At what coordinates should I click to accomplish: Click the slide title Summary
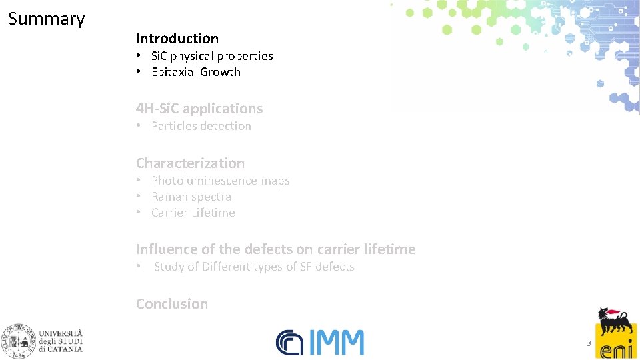click(46, 19)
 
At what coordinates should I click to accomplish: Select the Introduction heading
click(177, 39)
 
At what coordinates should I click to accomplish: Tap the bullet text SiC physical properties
click(212, 56)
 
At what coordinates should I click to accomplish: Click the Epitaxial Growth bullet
click(195, 72)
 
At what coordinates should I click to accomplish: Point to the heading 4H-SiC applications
click(199, 108)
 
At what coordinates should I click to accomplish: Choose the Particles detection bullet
click(201, 126)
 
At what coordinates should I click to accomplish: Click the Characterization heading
click(190, 163)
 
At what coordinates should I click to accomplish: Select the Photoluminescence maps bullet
click(220, 181)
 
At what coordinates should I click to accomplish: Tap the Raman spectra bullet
click(191, 197)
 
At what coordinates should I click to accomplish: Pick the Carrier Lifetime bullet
click(193, 213)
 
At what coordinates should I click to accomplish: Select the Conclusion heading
click(172, 303)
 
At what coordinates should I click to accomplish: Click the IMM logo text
click(336, 343)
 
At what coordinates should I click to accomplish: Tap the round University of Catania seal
click(18, 340)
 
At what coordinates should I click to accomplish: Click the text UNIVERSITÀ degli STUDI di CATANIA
click(61, 340)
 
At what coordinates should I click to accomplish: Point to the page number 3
click(589, 343)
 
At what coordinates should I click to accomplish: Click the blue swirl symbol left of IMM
click(289, 343)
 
